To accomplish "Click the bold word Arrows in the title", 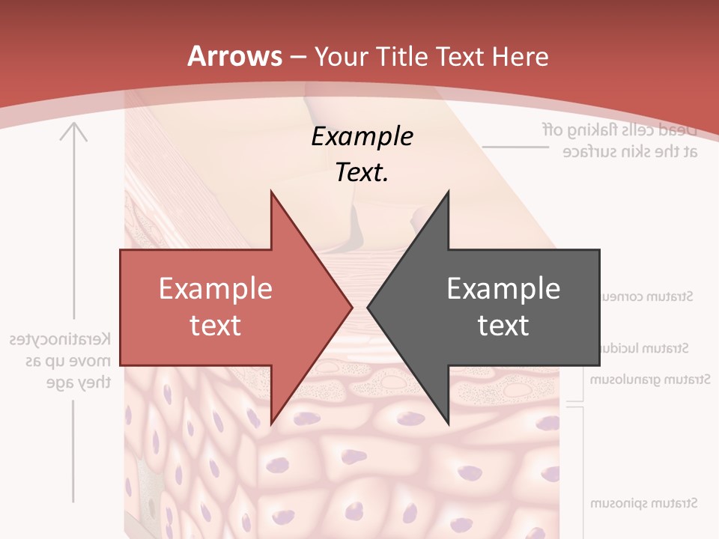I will click(x=235, y=56).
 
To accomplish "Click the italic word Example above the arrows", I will click(x=362, y=136).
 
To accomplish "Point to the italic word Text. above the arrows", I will click(x=362, y=173).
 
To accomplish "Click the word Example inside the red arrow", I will click(x=215, y=288).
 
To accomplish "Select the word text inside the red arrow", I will click(x=215, y=325).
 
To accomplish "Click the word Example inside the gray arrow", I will click(x=503, y=288).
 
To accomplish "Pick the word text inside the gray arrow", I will click(x=503, y=325).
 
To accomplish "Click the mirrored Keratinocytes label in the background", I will click(x=59, y=339).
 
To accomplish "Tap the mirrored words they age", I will click(x=79, y=382).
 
